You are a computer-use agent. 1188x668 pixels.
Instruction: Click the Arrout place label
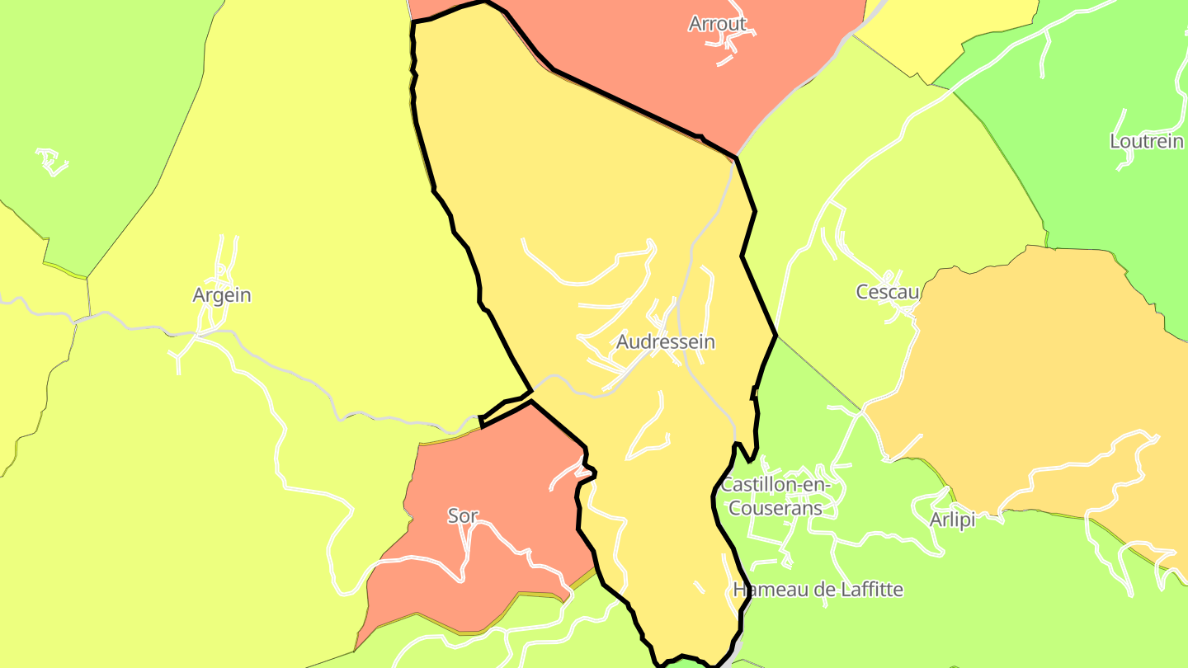717,24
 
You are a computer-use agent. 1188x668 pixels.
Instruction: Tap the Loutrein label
1146,141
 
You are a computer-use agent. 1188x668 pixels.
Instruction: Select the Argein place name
221,295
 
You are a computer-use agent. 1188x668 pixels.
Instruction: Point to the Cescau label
887,292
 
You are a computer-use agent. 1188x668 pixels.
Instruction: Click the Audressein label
665,341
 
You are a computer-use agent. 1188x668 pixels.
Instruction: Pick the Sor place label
462,516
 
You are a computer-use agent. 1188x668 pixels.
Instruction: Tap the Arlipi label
952,520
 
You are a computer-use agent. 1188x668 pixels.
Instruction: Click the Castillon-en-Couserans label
775,496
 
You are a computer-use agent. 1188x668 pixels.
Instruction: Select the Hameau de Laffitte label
818,590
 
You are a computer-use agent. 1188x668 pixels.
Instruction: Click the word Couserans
775,508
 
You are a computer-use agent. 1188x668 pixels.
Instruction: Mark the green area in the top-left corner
99,99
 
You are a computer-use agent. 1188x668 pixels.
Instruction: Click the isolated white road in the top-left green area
52,162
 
